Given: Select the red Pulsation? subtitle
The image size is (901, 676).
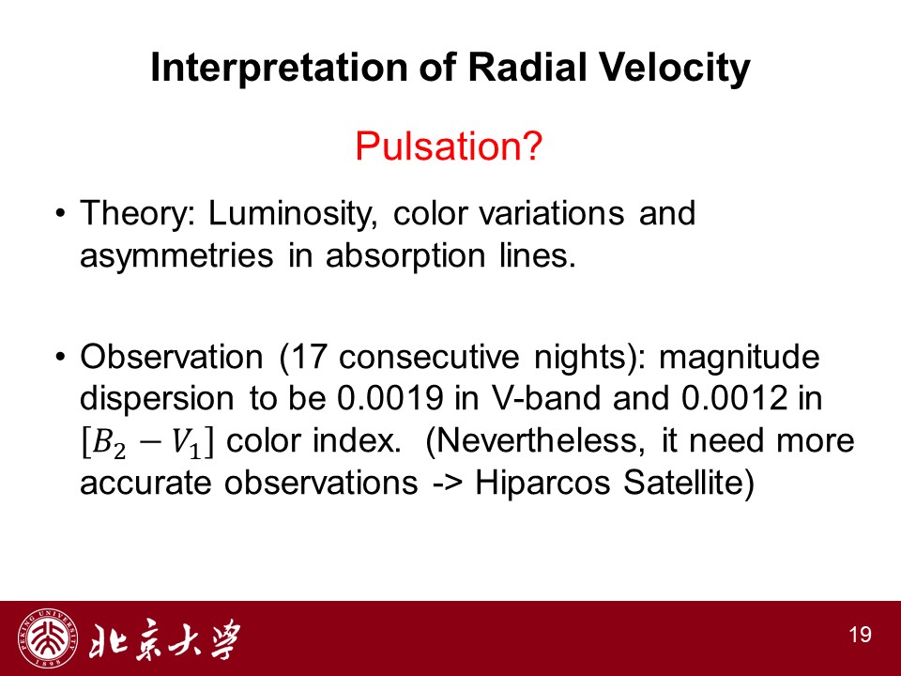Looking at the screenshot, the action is pos(449,146).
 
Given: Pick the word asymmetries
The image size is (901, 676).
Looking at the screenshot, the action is pos(176,256).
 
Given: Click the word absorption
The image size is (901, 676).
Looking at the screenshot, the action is pos(405,256).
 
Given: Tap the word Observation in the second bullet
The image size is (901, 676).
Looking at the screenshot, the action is pos(171,357).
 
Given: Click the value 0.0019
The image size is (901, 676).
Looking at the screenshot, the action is pos(390,398).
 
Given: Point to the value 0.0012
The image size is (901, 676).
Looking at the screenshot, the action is pos(734,398).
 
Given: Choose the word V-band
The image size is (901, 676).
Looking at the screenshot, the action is pos(544,398).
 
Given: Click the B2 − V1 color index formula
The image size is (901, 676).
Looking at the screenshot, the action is pos(146,442).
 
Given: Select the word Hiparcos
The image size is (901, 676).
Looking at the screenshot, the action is pos(542,484).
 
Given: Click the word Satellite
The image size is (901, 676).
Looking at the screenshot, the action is pos(684,483).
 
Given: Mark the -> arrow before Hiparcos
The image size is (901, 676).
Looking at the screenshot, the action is pos(448,484).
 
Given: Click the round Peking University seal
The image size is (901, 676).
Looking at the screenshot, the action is pos(47,638).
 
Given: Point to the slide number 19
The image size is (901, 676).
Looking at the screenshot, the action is pos(861,635).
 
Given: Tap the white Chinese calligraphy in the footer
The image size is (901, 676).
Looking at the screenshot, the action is pos(164,639).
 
